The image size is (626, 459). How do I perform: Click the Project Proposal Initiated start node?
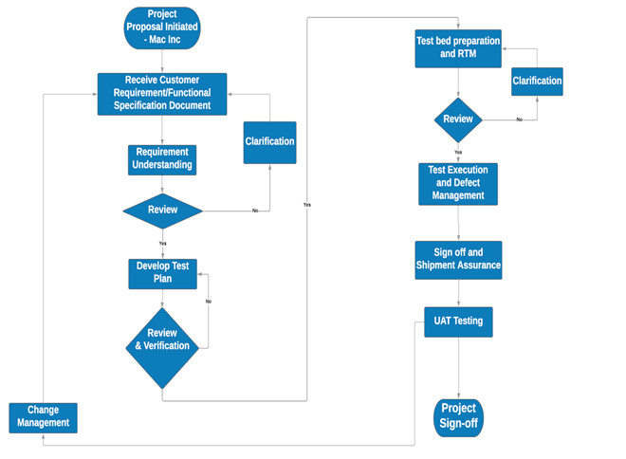click(161, 27)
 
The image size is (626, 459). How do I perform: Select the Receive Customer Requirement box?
click(162, 94)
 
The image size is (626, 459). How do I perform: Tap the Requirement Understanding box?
click(162, 159)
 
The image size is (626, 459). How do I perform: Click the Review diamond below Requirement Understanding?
click(163, 210)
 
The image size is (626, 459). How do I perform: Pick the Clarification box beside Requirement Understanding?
click(269, 142)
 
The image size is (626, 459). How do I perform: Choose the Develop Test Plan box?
click(162, 273)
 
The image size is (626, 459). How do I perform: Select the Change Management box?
click(43, 416)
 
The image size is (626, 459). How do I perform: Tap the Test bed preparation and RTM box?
click(458, 48)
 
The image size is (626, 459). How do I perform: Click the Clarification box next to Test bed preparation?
click(537, 82)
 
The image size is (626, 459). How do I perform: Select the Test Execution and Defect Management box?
click(459, 183)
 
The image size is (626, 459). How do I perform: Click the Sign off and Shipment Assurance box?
click(458, 260)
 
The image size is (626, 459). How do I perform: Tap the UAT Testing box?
click(458, 321)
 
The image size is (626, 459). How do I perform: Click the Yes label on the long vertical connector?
click(306, 205)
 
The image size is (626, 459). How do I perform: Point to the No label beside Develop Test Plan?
click(208, 301)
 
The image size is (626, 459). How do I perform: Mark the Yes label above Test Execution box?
click(459, 152)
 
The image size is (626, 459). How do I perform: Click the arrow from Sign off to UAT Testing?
click(459, 292)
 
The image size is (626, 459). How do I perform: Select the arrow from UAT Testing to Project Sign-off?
click(459, 368)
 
